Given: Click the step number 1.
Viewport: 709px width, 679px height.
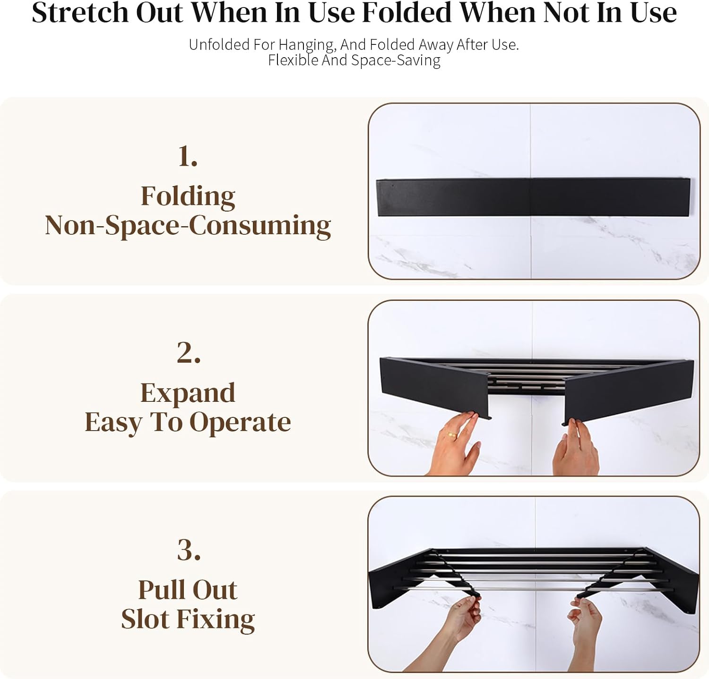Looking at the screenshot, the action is click(188, 156).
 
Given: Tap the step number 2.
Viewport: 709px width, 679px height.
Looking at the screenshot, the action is click(189, 353).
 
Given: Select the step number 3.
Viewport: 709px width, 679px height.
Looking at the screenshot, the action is click(189, 550).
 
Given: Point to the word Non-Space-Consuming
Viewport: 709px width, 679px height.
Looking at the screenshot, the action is click(188, 226).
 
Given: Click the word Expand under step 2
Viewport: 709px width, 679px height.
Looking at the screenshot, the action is click(188, 393).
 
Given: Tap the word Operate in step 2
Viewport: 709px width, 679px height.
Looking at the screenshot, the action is click(240, 423).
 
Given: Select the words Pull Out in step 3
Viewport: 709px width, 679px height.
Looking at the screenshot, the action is click(188, 590).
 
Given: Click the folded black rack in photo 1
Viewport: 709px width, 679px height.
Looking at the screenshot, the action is click(534, 197).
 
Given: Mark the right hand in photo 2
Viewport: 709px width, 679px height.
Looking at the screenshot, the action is click(576, 449).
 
